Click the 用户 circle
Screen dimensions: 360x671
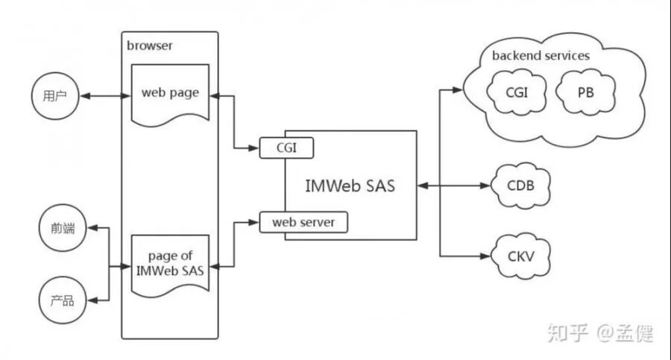[x=54, y=97]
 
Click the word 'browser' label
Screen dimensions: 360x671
[x=149, y=45]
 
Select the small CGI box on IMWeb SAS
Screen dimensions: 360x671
[x=286, y=148]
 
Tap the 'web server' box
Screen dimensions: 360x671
[x=303, y=222]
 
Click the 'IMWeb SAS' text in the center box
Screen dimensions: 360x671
[x=350, y=186]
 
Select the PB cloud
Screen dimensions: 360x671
[x=586, y=92]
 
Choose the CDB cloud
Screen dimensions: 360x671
[x=522, y=185]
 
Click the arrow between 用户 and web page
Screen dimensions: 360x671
[x=104, y=97]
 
